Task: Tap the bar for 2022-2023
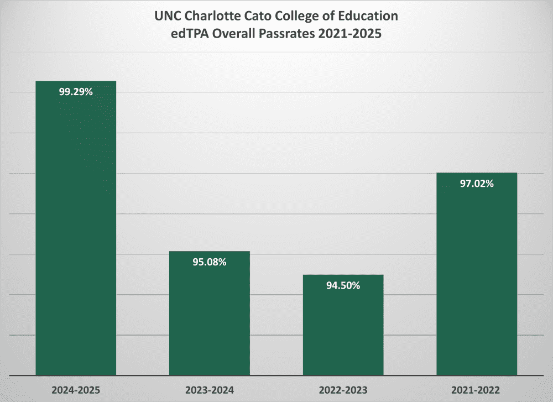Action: (x=343, y=326)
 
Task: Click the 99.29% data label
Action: (x=76, y=92)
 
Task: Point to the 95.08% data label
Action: (x=210, y=262)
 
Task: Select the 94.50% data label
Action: (x=343, y=285)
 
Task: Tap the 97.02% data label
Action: (x=477, y=184)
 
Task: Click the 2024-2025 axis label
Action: (x=76, y=390)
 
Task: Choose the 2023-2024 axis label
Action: (x=210, y=390)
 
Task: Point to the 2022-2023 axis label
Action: (x=343, y=390)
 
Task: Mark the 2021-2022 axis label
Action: (x=477, y=390)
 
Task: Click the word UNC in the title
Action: (x=167, y=15)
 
